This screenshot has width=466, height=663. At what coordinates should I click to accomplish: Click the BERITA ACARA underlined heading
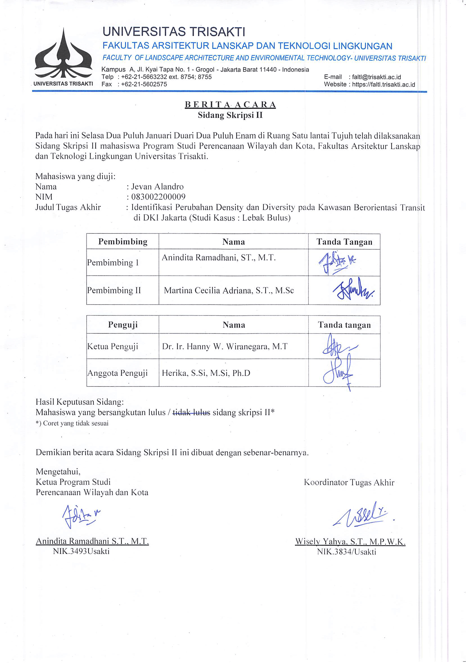(x=230, y=104)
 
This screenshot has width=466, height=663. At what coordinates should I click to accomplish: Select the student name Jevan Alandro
(x=157, y=187)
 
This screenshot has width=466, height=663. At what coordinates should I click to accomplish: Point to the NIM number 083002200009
(x=158, y=197)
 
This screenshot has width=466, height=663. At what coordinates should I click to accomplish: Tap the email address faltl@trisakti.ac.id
(x=375, y=77)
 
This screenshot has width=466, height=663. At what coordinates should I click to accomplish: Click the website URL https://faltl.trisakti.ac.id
(x=383, y=85)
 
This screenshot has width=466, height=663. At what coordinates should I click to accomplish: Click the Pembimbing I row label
(x=113, y=262)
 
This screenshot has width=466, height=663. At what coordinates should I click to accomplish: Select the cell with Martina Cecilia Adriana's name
(x=229, y=290)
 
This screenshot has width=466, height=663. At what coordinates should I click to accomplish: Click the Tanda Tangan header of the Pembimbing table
(x=344, y=242)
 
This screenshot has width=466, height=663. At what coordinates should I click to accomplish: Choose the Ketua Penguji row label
(x=112, y=346)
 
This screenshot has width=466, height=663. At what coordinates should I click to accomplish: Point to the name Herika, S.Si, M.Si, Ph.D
(x=206, y=373)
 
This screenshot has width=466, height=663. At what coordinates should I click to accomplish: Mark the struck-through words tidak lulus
(x=191, y=412)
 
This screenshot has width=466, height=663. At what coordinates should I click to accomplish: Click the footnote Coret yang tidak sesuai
(x=72, y=423)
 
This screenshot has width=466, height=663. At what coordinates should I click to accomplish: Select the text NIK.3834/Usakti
(x=346, y=552)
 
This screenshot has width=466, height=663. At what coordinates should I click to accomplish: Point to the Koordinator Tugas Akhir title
(x=349, y=482)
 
